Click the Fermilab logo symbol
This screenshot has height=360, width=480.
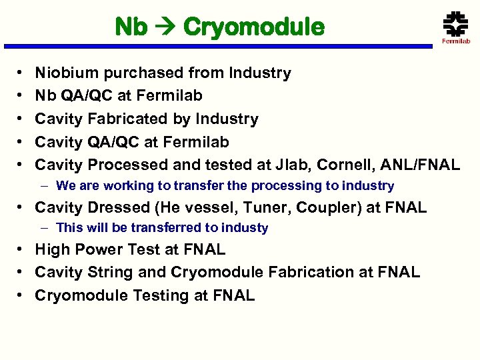[x=456, y=23]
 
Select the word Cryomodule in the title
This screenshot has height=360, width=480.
[x=253, y=28]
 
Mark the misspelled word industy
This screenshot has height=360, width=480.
[x=245, y=228]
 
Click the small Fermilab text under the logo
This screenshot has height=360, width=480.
[x=456, y=41]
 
